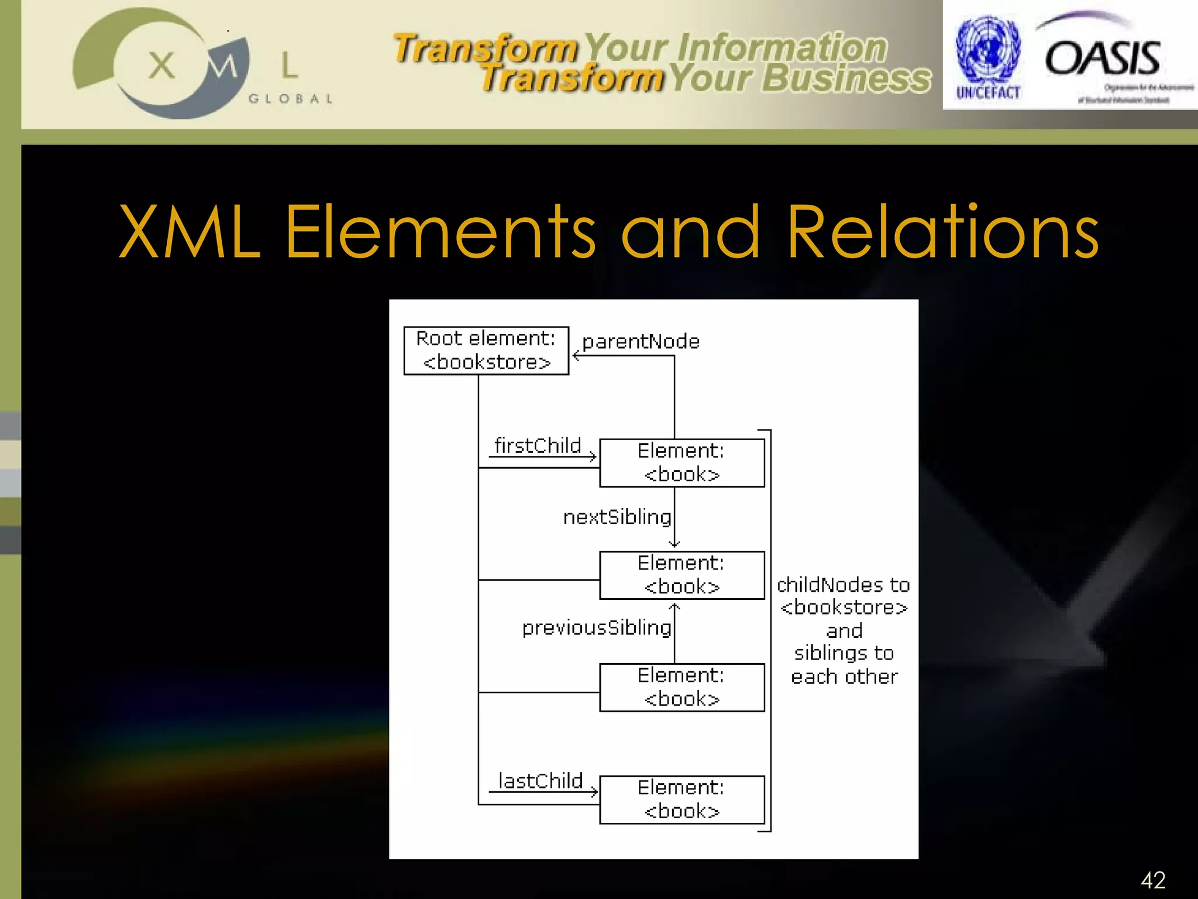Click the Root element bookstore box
pos(486,351)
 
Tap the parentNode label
pos(641,342)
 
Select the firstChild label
pos(538,446)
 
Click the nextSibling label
pos(617,517)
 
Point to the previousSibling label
pos(596,628)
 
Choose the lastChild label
pos(541,781)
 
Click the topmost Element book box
pos(681,463)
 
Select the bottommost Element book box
pos(681,800)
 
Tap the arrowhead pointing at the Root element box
pos(576,355)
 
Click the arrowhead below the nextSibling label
pos(674,544)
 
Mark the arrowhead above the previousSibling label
pos(674,607)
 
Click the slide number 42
pos(1153,880)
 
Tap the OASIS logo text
pos(1103,59)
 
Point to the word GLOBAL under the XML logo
pos(291,99)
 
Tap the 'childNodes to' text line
pos(843,585)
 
